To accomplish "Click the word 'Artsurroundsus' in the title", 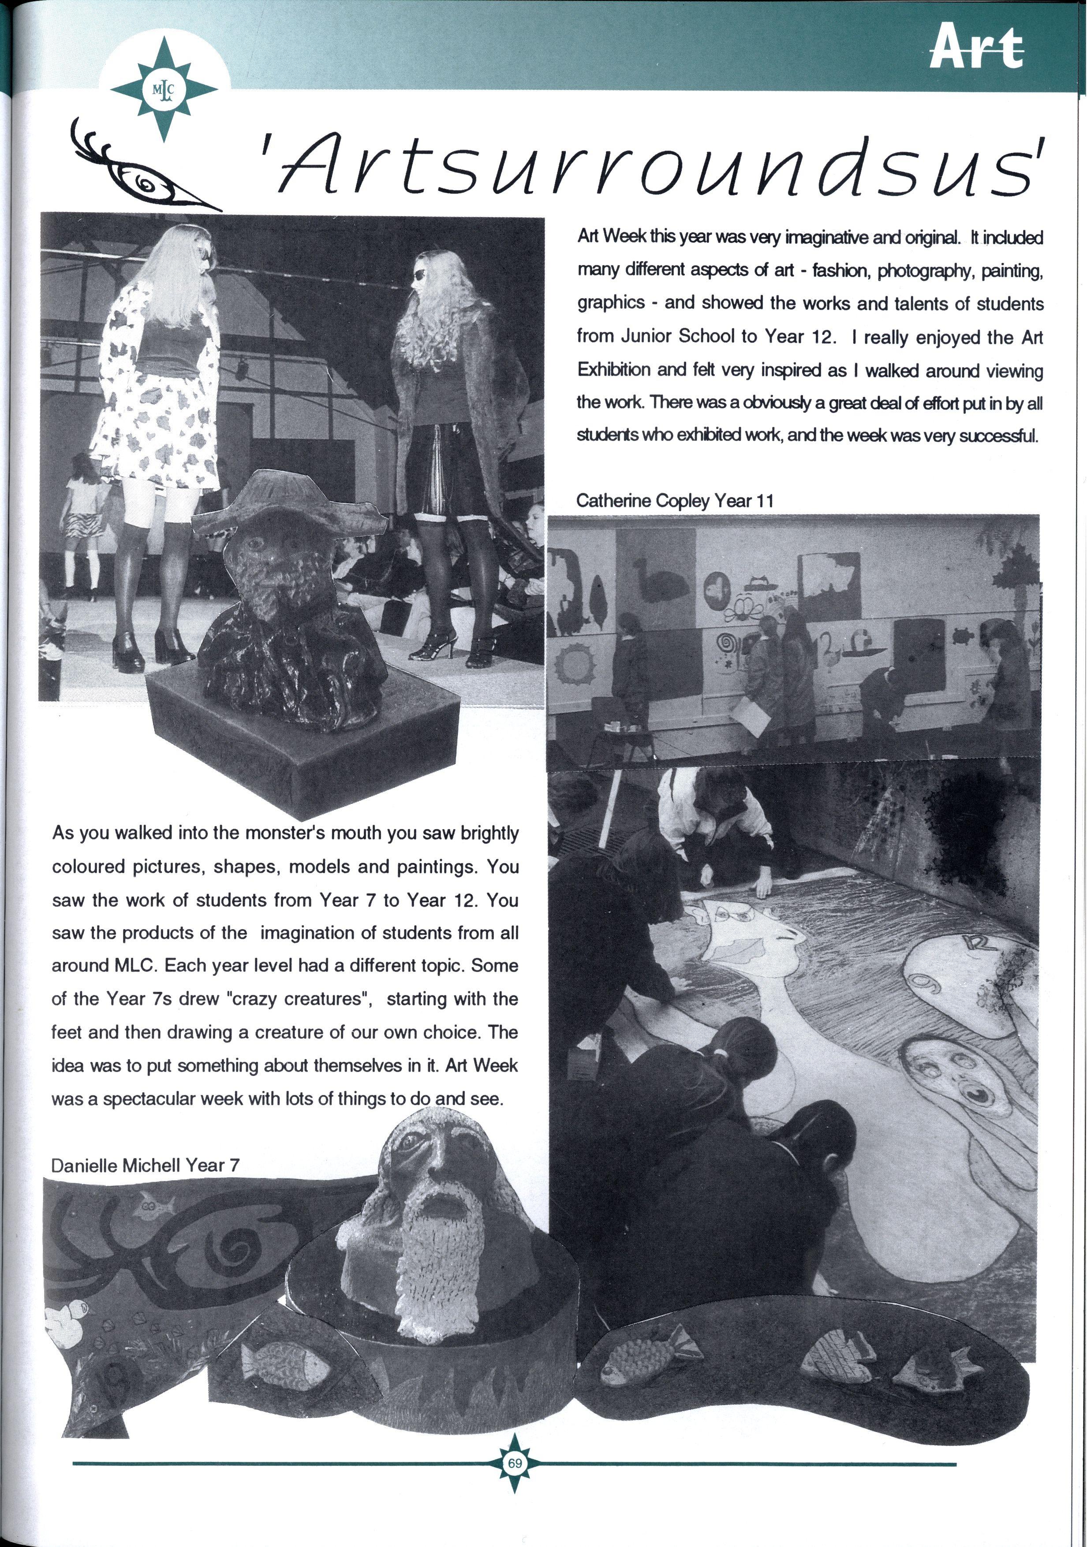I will pos(654,165).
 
